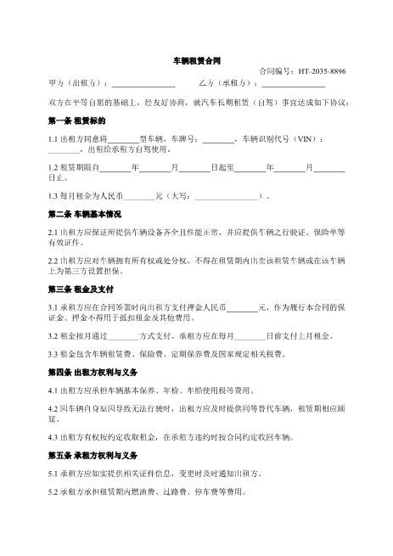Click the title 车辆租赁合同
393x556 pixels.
(196, 62)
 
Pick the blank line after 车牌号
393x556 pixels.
(218, 139)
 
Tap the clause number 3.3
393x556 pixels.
(55, 354)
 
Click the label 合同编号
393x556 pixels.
(274, 72)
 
